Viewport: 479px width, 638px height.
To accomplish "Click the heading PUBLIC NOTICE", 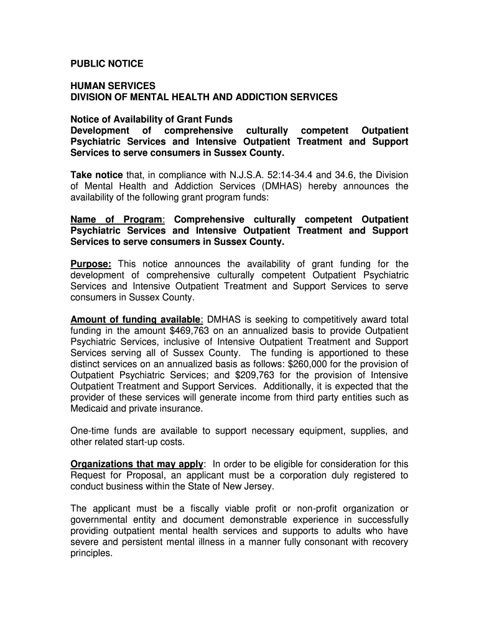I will (106, 64).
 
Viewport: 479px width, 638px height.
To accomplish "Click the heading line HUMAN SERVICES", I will (113, 86).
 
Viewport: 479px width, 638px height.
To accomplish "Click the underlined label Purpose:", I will (91, 264).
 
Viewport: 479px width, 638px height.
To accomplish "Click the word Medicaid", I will (90, 409).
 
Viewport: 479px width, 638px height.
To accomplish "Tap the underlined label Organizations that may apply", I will (137, 464).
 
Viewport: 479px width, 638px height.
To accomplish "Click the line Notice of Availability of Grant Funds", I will (151, 119).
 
